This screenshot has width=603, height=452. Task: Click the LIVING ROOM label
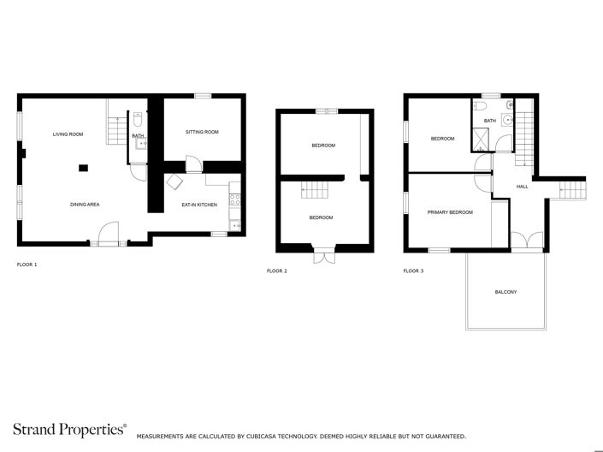pos(68,134)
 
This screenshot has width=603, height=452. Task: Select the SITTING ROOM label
pos(202,132)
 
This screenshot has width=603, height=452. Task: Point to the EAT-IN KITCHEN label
pos(198,205)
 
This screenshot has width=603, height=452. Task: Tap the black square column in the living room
pos(82,168)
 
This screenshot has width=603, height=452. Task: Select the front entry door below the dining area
pos(109,233)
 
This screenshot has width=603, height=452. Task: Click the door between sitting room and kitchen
pos(193,165)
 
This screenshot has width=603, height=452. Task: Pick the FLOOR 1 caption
pos(27,265)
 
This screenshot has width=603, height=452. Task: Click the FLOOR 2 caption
pos(276,271)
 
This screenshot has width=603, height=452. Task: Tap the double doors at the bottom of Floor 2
pos(324,254)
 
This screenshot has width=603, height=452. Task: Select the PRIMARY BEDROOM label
pos(450,211)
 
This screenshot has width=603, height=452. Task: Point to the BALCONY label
pos(505,293)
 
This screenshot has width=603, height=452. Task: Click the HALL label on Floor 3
pos(522,186)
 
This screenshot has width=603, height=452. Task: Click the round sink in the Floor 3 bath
pos(507,121)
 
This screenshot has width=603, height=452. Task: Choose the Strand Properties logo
pos(68,430)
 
